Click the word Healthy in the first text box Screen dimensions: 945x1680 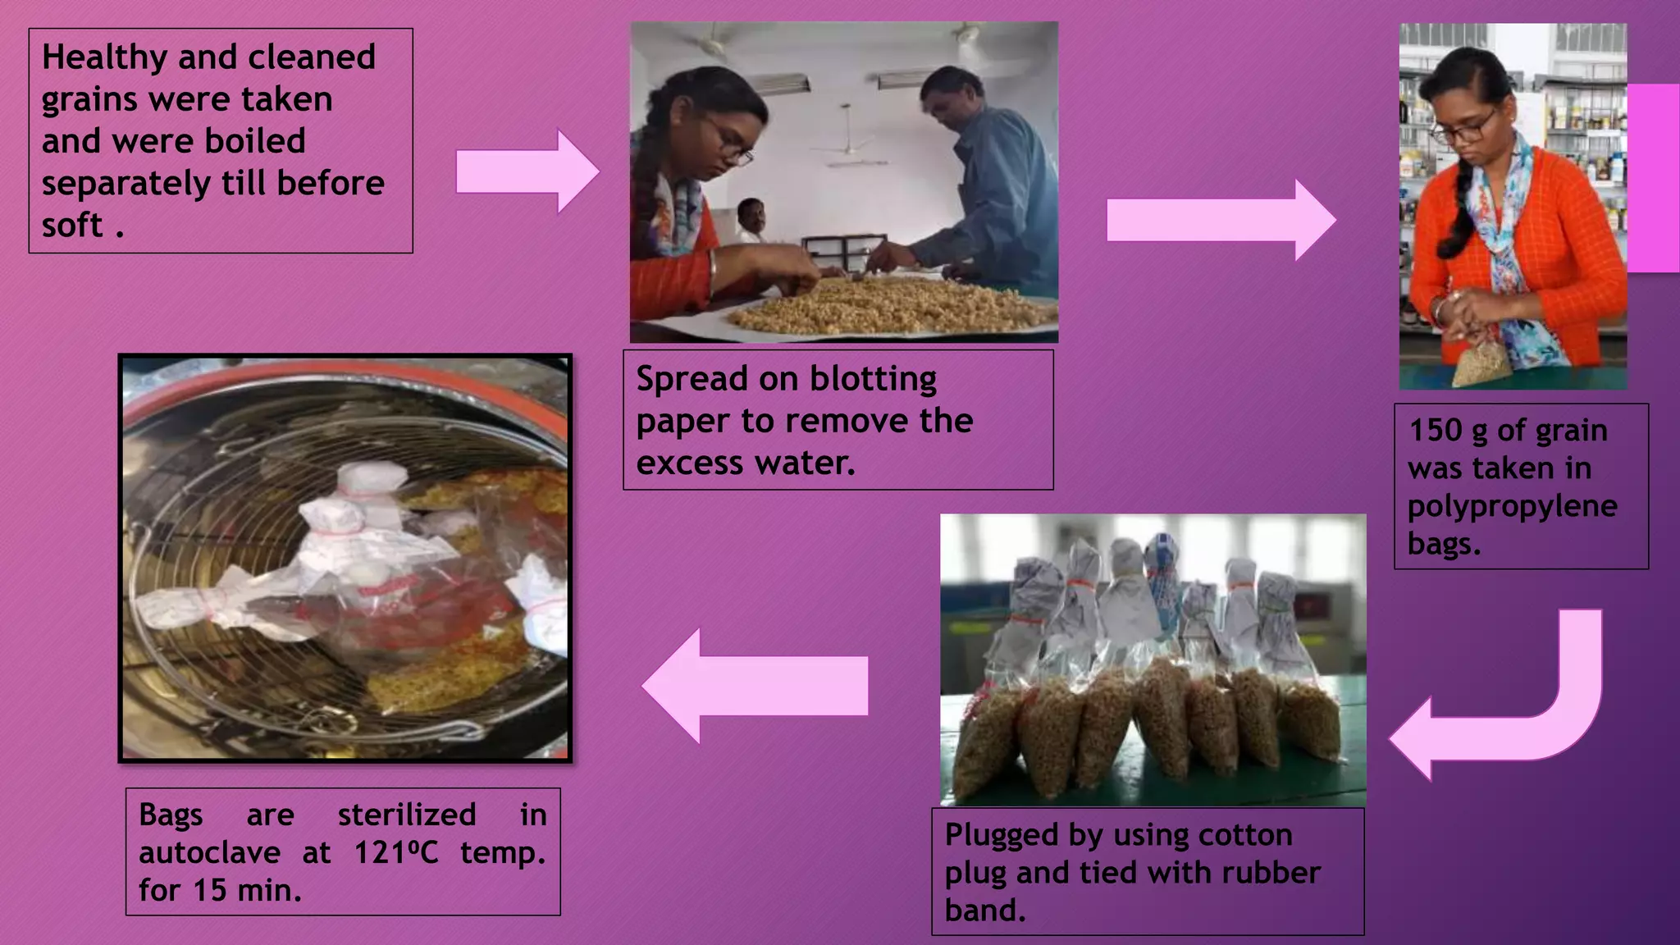coord(104,57)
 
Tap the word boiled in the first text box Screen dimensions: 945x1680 coord(254,141)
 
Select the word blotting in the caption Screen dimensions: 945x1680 coord(873,379)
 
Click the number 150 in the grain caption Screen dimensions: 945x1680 coord(1436,431)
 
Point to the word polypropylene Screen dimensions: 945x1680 coord(1512,507)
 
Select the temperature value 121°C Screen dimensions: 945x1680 coord(395,853)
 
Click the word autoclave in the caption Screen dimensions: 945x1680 coord(209,853)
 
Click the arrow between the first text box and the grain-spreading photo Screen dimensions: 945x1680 coord(527,171)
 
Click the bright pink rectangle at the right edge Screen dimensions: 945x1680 coord(1652,177)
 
